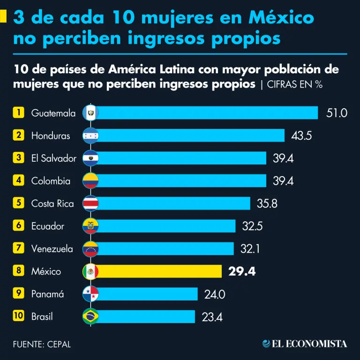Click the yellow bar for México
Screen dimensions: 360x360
pyautogui.click(x=159, y=271)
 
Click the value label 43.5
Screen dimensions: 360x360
pyautogui.click(x=301, y=135)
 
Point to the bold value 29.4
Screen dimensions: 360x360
pyautogui.click(x=242, y=271)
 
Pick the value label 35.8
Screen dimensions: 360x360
pyautogui.click(x=268, y=203)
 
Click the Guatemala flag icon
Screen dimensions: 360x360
pyautogui.click(x=90, y=113)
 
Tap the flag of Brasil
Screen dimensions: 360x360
pyautogui.click(x=90, y=316)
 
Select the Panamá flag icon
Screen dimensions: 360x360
pyautogui.click(x=90, y=294)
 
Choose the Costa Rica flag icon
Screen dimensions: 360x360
pyautogui.click(x=90, y=203)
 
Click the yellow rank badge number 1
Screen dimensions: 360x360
pyautogui.click(x=18, y=112)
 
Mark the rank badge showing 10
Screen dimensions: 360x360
pyautogui.click(x=18, y=316)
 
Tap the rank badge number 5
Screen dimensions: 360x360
pyautogui.click(x=18, y=203)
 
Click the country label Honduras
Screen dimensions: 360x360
pyautogui.click(x=51, y=135)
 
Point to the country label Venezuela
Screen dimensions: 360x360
pyautogui.click(x=52, y=248)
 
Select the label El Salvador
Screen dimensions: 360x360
pyautogui.click(x=53, y=158)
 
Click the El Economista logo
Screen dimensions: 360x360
pyautogui.click(x=305, y=344)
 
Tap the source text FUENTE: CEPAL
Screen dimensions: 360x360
pyautogui.click(x=42, y=344)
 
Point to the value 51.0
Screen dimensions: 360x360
pyautogui.click(x=337, y=113)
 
